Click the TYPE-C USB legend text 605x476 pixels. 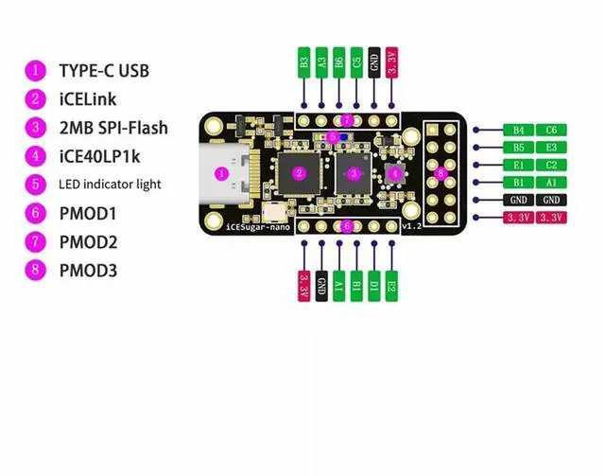[103, 70]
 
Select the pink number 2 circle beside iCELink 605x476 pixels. [36, 98]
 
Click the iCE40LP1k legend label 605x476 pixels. [98, 155]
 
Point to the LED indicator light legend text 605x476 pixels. [110, 184]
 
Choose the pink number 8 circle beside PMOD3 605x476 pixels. [36, 271]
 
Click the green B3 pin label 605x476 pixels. [303, 62]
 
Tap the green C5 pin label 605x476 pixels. [356, 62]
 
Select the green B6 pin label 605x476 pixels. [338, 62]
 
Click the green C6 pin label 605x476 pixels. [550, 130]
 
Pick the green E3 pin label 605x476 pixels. [550, 148]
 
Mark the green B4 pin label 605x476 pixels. [519, 130]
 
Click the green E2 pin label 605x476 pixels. [392, 286]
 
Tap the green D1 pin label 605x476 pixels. [374, 286]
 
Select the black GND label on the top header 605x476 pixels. [374, 62]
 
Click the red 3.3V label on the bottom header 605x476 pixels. [303, 286]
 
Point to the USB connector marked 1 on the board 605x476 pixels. [221, 173]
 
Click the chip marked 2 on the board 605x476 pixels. [299, 173]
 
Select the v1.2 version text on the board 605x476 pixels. [410, 228]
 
